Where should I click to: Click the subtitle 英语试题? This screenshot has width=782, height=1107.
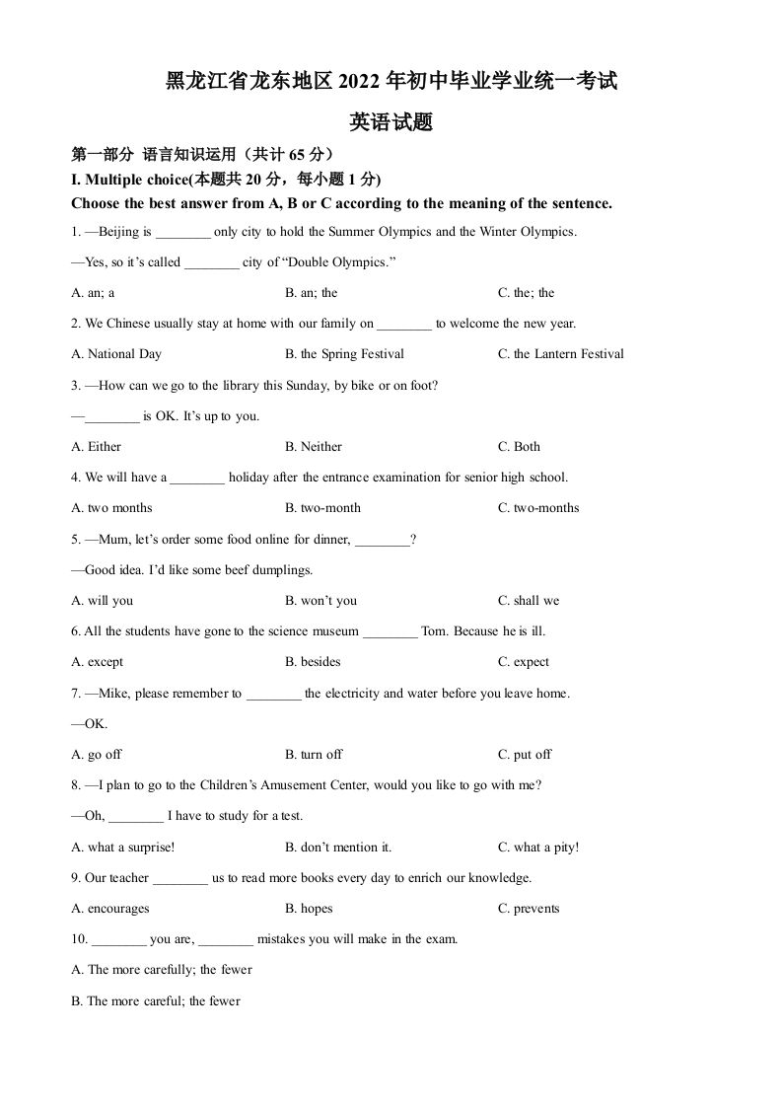coord(391,123)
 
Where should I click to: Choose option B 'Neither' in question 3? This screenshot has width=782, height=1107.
coord(314,447)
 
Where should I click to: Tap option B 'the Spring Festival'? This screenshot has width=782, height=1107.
coord(344,354)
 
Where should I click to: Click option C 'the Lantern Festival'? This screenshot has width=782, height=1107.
coord(560,354)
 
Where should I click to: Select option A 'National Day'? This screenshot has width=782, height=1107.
coord(116,354)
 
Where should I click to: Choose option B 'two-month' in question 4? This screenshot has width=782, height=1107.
coord(322,508)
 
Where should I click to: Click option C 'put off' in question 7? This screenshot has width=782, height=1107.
coord(525,755)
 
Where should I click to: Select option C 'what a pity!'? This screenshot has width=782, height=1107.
coord(538,848)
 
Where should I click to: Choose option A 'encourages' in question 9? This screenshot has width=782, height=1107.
coord(110,909)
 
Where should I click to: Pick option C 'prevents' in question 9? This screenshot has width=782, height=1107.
coord(529,909)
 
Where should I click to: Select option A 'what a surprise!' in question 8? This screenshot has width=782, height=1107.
coord(123,848)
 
